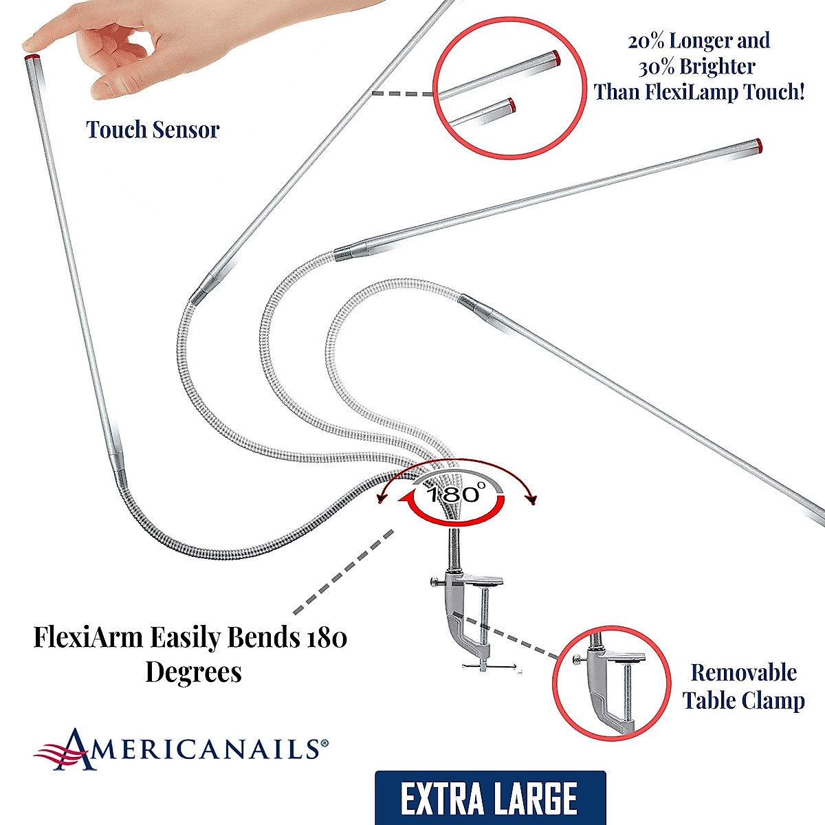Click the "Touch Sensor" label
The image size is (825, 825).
click(153, 129)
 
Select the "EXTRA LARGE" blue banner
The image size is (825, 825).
click(489, 797)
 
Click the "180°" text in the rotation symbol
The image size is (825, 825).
click(455, 493)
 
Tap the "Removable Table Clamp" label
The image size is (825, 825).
click(743, 686)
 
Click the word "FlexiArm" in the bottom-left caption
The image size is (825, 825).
click(89, 637)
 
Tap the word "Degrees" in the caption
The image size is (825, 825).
click(193, 672)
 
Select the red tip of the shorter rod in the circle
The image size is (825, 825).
click(511, 104)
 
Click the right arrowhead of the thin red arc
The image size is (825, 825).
click(531, 500)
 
